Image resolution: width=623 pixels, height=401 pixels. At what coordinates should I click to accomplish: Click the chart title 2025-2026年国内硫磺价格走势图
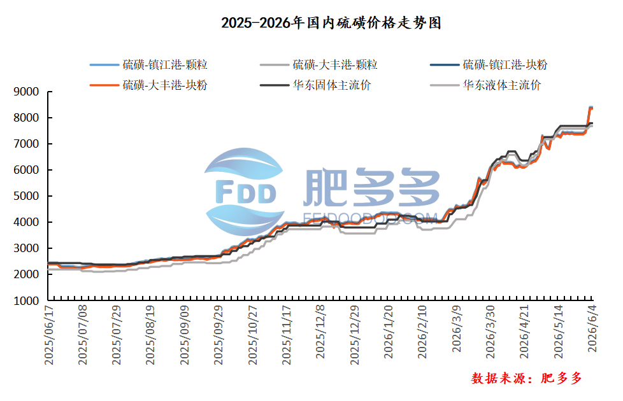click(x=331, y=23)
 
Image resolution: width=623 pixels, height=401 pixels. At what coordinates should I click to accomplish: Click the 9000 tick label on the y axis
click(x=26, y=92)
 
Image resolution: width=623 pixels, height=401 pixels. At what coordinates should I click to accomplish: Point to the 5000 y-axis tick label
click(x=26, y=196)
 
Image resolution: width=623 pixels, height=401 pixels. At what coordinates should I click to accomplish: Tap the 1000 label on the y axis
click(x=26, y=301)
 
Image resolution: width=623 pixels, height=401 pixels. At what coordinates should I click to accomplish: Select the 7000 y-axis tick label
click(x=26, y=144)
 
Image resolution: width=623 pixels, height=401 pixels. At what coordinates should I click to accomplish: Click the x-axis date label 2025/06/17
click(x=49, y=335)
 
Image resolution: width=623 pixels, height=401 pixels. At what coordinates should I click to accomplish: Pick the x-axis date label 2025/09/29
click(x=218, y=335)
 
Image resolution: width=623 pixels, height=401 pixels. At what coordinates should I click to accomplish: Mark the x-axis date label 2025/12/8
click(x=320, y=332)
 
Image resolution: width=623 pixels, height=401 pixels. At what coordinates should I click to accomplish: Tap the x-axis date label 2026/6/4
click(x=592, y=328)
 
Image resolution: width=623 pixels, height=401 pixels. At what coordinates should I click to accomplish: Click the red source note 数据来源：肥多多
click(x=526, y=378)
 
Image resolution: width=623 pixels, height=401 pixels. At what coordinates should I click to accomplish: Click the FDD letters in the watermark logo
click(x=245, y=192)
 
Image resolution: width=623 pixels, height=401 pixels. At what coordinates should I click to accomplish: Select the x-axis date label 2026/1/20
click(x=388, y=332)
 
